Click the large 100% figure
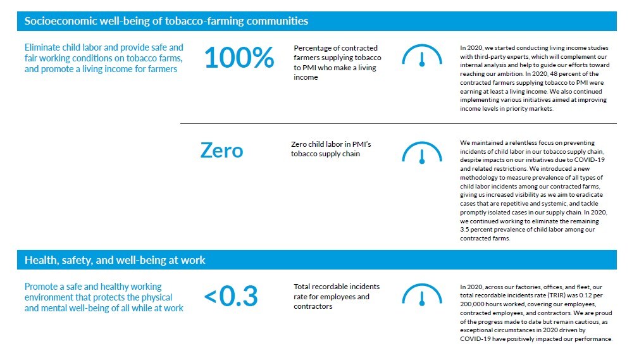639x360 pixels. (x=239, y=58)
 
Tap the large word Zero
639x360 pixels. (x=221, y=151)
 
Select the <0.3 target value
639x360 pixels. (x=230, y=297)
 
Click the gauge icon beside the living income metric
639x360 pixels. (x=422, y=58)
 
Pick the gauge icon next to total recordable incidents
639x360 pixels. (x=422, y=296)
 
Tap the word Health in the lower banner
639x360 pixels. (x=39, y=260)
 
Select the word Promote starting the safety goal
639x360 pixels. (x=42, y=287)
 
